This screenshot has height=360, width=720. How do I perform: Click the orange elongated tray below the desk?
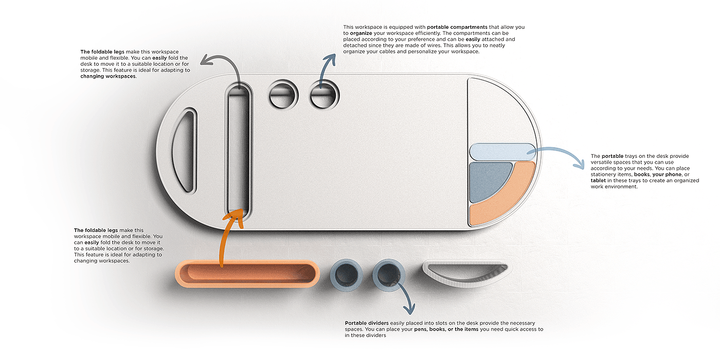(247, 274)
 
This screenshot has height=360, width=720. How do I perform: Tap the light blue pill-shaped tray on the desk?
(502, 152)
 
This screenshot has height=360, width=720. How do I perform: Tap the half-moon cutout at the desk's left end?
(184, 150)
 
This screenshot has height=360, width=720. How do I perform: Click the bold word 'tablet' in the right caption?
(598, 181)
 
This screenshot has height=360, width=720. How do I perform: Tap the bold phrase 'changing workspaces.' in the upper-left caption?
(108, 76)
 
